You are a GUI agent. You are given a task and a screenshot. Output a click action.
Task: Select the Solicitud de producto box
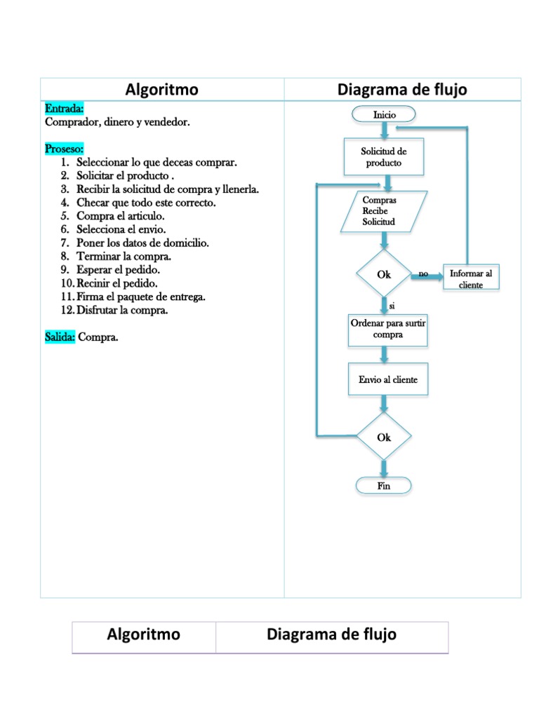point(383,156)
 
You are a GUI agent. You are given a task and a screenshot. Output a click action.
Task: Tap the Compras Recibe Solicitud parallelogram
point(383,211)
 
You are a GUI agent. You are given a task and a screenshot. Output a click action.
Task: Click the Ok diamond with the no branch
point(384,274)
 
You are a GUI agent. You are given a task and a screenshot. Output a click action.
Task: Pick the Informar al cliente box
point(471,279)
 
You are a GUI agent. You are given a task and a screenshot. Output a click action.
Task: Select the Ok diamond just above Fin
point(384,437)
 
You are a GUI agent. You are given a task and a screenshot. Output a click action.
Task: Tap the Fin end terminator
point(384,486)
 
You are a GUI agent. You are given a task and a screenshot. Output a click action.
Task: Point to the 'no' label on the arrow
point(422,273)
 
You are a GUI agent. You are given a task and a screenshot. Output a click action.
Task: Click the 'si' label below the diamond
point(392,306)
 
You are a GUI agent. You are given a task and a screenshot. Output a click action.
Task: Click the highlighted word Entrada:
point(65,109)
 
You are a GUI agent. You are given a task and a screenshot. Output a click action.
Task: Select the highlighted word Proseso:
point(65,149)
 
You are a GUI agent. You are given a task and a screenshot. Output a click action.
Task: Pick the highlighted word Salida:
point(60,337)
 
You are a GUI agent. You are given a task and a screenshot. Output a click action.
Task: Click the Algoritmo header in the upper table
point(162,90)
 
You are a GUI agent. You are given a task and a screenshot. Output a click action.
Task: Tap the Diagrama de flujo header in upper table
point(402,90)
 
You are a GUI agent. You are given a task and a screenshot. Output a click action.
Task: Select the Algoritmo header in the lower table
point(144,635)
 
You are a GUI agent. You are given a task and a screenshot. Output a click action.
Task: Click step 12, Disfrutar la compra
point(121,310)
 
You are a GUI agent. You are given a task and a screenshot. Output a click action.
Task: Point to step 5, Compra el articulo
point(120,216)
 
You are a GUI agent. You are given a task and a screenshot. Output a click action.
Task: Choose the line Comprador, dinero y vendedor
point(117,122)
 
